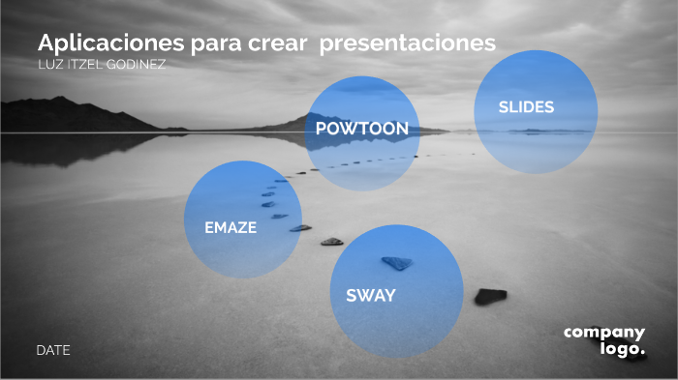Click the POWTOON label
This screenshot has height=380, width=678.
coord(361,129)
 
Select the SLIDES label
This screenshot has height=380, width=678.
coord(526,107)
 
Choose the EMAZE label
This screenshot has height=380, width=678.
coord(231,228)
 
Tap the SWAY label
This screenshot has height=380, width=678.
coord(370,296)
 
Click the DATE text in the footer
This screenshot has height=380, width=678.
coord(53,350)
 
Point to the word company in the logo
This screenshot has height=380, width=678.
coord(604,333)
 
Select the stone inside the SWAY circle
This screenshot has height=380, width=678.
coord(397,262)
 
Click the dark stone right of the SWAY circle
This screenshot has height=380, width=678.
coord(490,296)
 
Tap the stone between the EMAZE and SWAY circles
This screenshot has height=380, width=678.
coord(332,241)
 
